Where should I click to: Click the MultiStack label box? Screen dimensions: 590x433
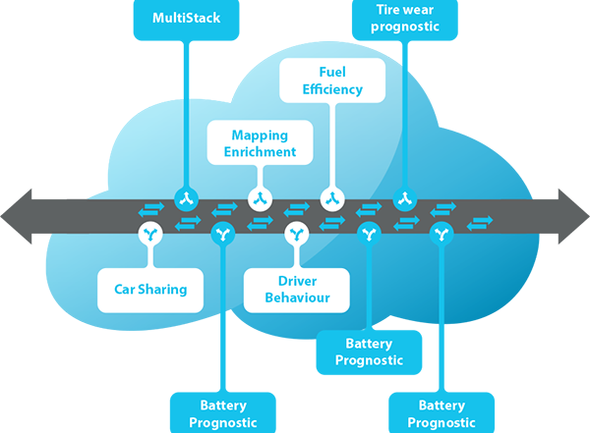pos(186,20)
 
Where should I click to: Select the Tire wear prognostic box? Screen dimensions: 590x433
pos(405,20)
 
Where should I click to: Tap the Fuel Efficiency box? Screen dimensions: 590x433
pos(332,81)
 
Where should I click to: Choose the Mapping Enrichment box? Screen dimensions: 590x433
pos(260,142)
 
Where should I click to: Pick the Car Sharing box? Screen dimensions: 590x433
pos(150,291)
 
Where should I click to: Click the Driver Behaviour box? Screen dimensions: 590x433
pos(297,291)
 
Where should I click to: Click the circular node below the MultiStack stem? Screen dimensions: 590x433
pos(186,198)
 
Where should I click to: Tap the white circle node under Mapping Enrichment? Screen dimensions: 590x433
pos(260,198)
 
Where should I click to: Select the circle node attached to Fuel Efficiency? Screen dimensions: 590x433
pos(332,198)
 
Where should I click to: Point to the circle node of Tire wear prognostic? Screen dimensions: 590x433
pos(405,198)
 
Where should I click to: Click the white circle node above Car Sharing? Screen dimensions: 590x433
pos(150,234)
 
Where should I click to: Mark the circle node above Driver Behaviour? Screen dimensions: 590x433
pos(297,234)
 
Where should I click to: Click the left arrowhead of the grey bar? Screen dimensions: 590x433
pos(16,216)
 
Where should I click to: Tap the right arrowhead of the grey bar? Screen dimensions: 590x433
pos(574,216)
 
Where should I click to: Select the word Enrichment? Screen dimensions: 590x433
pos(260,152)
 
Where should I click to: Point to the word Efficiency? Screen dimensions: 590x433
pos(332,89)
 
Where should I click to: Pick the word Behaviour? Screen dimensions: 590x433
pos(297,298)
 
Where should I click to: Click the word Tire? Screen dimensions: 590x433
pos(385,10)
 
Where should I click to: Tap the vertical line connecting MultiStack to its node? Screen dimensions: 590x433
pos(186,113)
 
